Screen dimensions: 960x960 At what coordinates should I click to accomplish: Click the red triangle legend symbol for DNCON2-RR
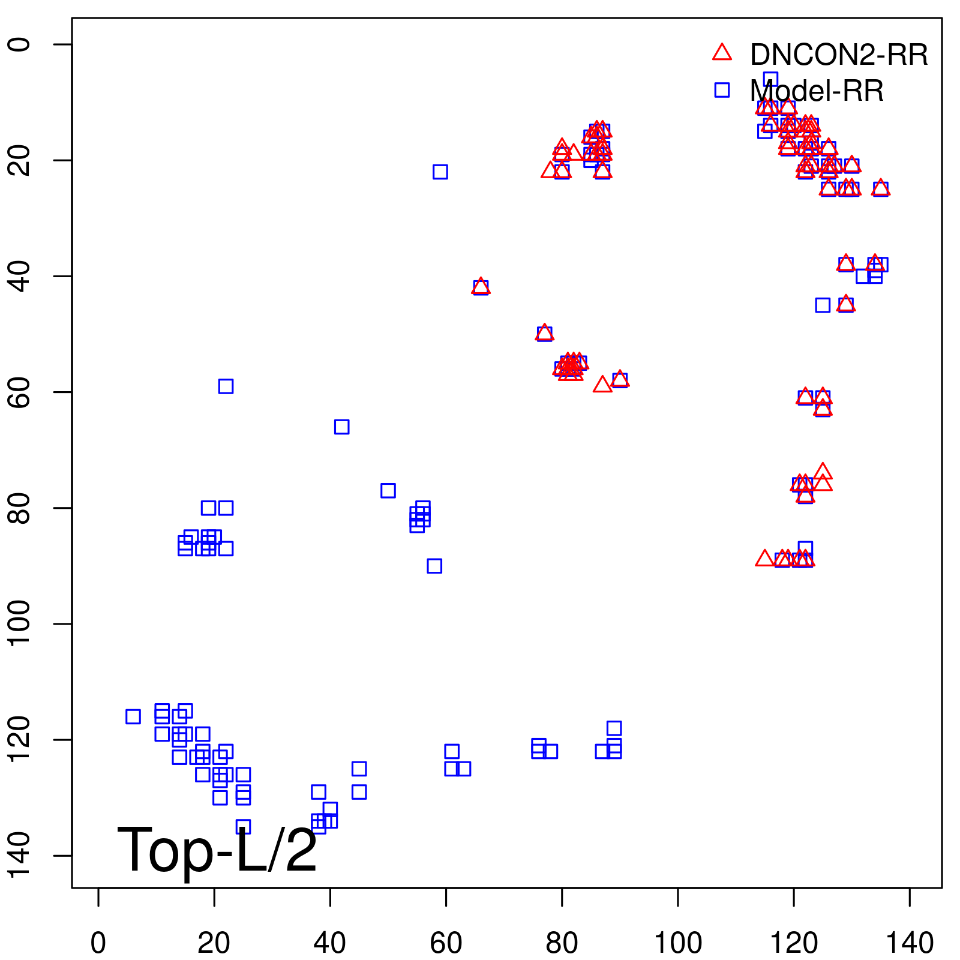click(722, 53)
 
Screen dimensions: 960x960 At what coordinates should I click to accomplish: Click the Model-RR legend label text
click(817, 91)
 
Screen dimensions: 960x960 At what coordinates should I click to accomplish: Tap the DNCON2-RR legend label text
click(839, 55)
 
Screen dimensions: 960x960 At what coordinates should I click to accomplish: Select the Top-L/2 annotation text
click(217, 850)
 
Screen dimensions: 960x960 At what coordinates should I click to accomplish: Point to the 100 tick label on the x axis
click(677, 943)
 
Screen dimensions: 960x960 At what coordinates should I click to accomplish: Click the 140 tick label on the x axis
click(910, 943)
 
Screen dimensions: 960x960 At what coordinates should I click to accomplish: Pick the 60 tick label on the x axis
click(446, 943)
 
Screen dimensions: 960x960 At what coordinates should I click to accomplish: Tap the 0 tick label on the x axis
click(98, 943)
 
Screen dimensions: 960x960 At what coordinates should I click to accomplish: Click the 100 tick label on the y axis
click(19, 623)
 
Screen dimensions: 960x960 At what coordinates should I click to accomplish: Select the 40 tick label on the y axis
click(19, 276)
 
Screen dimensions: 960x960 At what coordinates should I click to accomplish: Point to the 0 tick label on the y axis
click(19, 44)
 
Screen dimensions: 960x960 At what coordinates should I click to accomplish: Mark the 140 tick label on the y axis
click(19, 855)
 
